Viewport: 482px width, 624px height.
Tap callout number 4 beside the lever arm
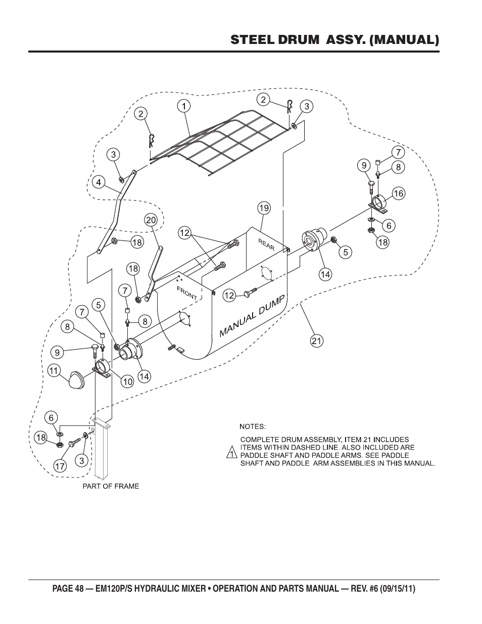[x=99, y=182]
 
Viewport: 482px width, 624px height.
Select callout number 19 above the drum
[x=264, y=208]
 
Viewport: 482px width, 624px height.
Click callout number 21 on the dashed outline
[x=316, y=341]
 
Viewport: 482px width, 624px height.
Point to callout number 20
[x=151, y=220]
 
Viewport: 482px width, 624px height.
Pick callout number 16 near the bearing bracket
[x=399, y=194]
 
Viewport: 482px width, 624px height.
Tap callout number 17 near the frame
[x=60, y=466]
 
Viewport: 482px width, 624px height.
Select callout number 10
[x=127, y=382]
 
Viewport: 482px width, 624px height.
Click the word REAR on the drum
[x=266, y=244]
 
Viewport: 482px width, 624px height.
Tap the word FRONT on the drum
[x=187, y=293]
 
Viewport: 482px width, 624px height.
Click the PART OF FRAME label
[x=111, y=486]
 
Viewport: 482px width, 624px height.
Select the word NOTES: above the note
[x=252, y=426]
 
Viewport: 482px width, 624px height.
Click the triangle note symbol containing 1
[x=231, y=452]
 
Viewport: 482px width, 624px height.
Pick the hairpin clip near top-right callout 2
[x=290, y=107]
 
